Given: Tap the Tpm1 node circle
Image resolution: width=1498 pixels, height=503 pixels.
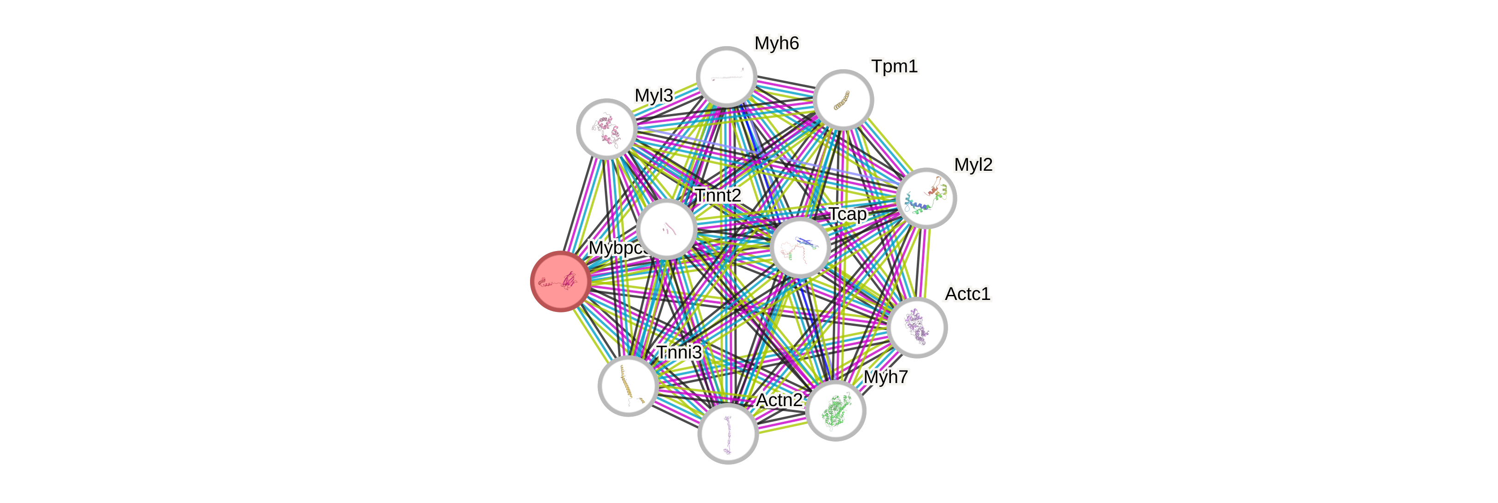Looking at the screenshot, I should pos(843,100).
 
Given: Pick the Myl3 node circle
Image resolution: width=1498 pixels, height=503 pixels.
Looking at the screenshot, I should pos(607,129).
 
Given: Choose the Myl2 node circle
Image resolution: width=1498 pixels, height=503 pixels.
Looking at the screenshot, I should pos(926,198).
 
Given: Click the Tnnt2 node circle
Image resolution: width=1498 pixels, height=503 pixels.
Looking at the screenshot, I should pos(666,229).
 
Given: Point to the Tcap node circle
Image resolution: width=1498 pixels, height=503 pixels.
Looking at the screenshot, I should pos(800,247).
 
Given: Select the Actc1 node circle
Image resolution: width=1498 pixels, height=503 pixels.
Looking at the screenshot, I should pos(918,327).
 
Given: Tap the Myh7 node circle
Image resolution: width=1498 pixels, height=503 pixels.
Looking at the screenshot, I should pos(836,410).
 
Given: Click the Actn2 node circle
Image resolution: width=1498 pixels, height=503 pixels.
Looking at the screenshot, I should pos(727,434).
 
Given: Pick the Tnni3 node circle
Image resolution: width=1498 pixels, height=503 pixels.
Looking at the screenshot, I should pos(628,385).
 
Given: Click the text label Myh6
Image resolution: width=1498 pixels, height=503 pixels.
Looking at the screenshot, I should pos(776,43).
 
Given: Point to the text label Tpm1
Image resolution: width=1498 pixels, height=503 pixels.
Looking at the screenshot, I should pos(894,66).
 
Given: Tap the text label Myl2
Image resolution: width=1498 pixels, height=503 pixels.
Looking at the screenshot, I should pos(973,165).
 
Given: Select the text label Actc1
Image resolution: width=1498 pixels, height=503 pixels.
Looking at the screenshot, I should pos(967,293).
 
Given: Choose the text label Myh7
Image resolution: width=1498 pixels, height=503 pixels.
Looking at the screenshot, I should pos(885,377).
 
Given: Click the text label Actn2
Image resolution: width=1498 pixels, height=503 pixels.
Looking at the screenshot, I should pos(779,400).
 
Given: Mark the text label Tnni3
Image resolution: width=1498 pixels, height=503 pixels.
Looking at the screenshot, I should pos(678,352).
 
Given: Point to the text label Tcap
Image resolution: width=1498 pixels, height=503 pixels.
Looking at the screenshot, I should pos(847,214).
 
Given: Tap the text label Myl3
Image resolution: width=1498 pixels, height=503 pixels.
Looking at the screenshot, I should pos(654,95).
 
